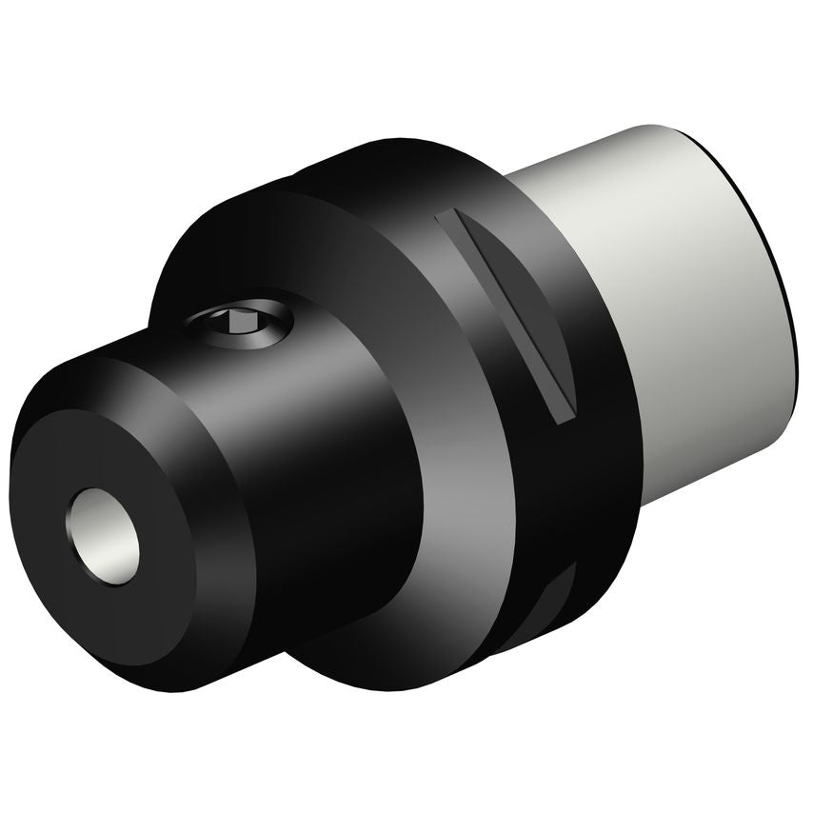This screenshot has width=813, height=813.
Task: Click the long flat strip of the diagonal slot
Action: (x=505, y=314)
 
